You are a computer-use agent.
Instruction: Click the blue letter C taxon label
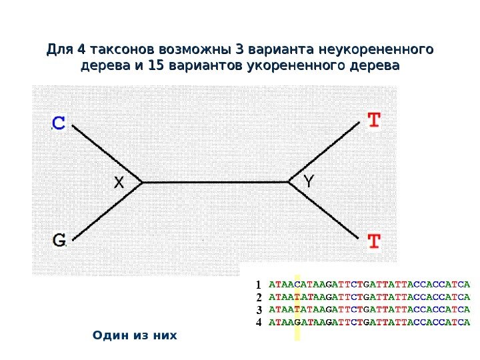pyautogui.click(x=59, y=123)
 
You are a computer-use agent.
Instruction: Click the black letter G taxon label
pyautogui.click(x=59, y=239)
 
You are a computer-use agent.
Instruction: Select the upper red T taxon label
pyautogui.click(x=375, y=121)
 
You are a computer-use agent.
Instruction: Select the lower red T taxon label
pyautogui.click(x=375, y=241)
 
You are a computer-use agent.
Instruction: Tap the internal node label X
pyautogui.click(x=119, y=182)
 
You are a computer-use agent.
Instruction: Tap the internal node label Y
pyautogui.click(x=309, y=181)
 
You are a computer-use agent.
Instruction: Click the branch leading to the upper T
pyautogui.click(x=325, y=152)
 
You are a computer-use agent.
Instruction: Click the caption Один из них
pyautogui.click(x=135, y=334)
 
